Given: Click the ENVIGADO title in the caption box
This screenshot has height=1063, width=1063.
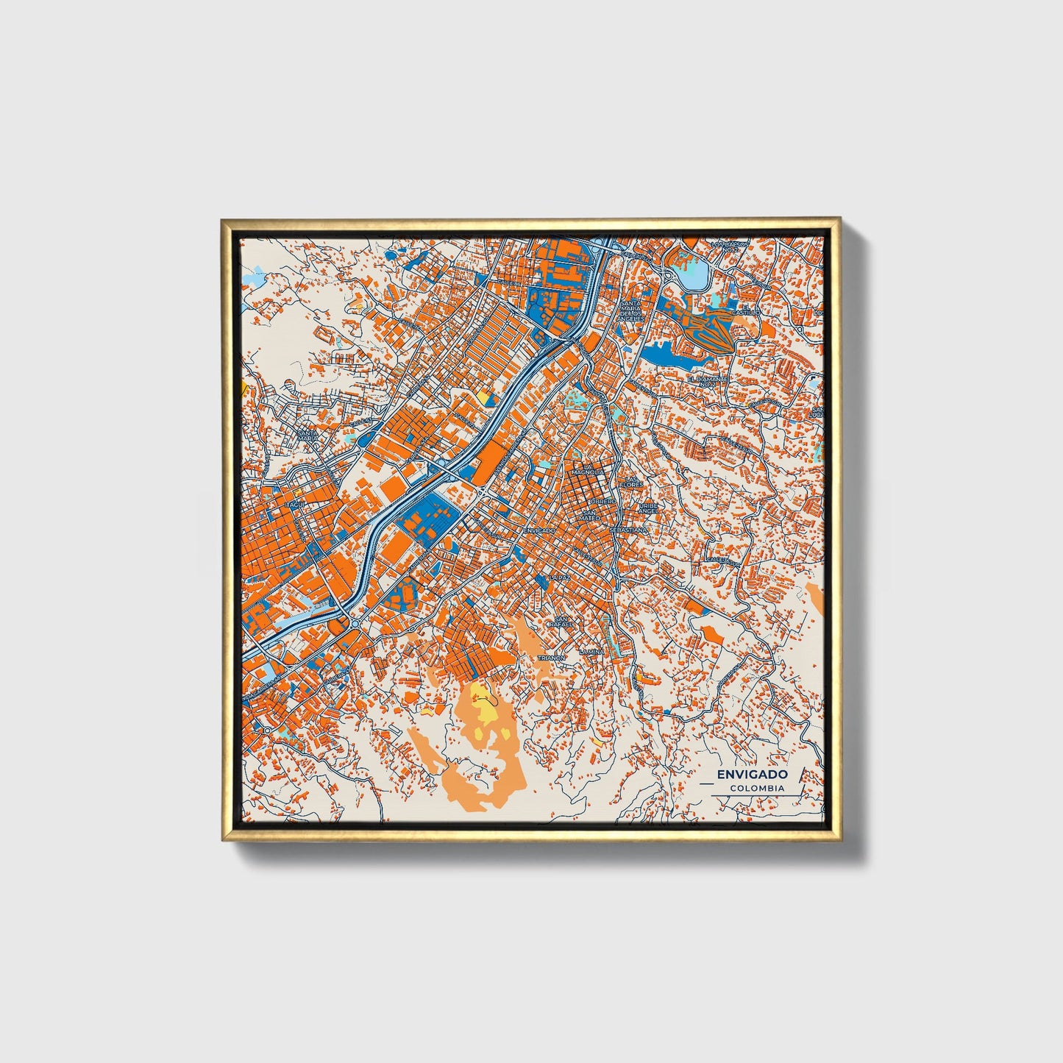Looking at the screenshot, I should coord(752,774).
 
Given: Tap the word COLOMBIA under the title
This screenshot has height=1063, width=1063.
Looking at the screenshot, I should coord(757,788).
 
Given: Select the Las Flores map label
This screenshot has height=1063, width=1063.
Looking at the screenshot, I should coord(631,482).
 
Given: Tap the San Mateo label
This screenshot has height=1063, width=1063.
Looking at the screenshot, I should coord(590,516).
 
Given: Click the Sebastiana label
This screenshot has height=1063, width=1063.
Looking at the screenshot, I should coord(629,529).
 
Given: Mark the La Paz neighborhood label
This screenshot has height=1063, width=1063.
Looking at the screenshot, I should coord(560,577).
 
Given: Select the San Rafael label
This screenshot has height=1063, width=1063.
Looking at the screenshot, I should coord(563,622).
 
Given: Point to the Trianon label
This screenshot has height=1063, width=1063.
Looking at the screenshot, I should coord(552,657).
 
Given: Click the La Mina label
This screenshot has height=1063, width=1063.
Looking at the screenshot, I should coord(591,652).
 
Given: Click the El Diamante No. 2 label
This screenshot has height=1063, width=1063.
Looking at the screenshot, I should coord(707,380).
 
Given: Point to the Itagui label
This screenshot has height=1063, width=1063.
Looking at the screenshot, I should coord(295,504).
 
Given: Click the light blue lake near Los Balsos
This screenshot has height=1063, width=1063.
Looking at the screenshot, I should coord(694,275).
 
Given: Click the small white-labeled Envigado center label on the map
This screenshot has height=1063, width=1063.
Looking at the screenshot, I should coord(543,530).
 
